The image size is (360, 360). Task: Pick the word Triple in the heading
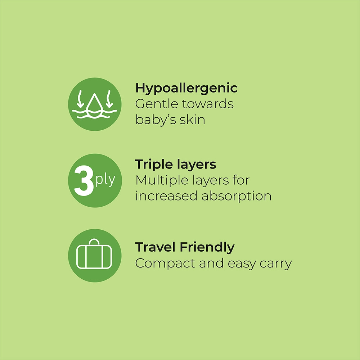click(x=154, y=165)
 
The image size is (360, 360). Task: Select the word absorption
click(x=236, y=197)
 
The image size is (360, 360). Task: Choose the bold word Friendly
click(x=207, y=247)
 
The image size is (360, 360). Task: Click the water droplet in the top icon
click(x=94, y=104)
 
